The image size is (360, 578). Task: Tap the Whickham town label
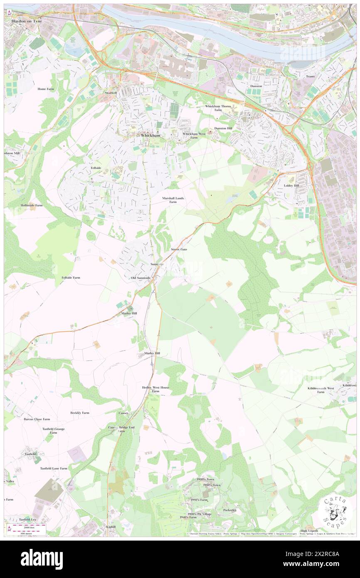pos(139,136)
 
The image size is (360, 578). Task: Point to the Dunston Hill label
pos(220,128)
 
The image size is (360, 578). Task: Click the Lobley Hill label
pos(291,185)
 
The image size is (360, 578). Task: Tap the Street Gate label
pos(179,249)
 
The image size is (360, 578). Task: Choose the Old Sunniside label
pos(140,278)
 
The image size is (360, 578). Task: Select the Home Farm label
pos(46,89)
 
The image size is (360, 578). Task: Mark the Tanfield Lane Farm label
pos(54,468)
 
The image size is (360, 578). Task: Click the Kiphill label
pos(111,527)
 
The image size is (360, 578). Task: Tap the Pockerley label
pos(229,510)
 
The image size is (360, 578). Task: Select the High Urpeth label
pos(309,531)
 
